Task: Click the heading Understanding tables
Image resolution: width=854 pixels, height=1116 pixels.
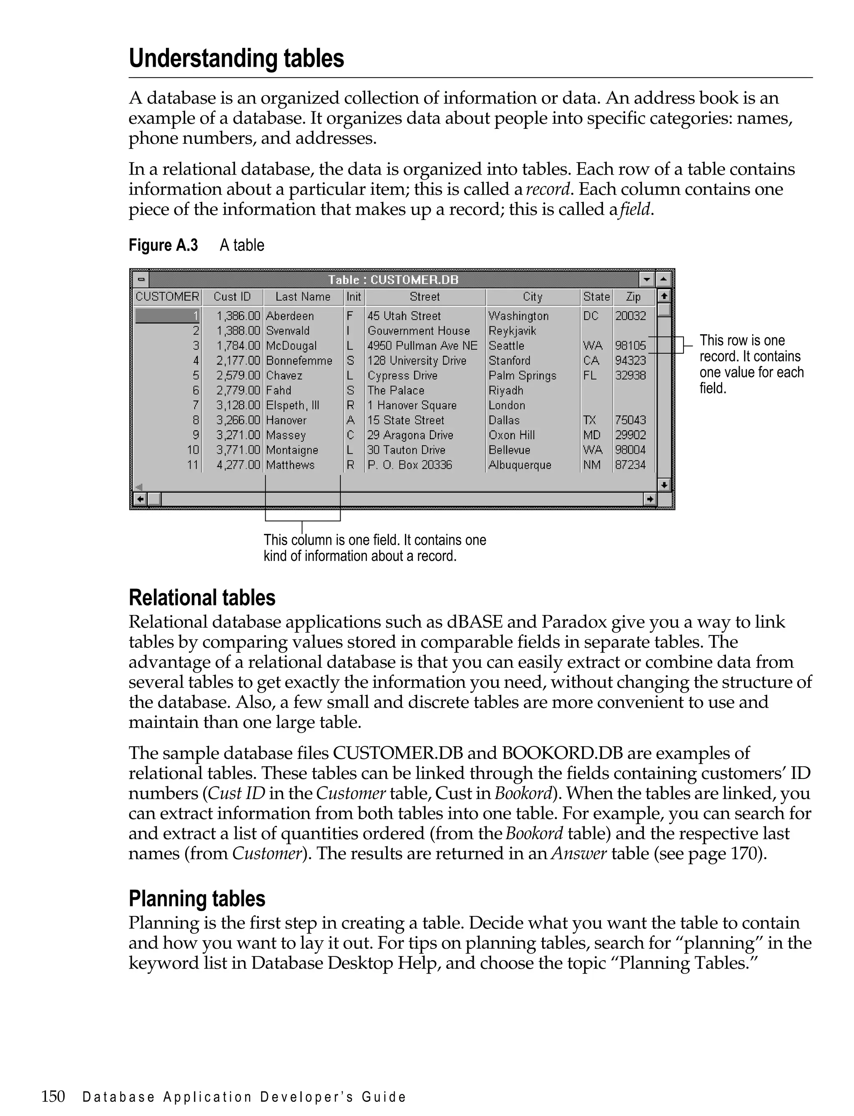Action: [236, 58]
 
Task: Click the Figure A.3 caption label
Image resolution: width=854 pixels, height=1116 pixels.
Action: [163, 245]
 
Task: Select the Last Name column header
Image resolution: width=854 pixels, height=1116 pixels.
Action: [303, 297]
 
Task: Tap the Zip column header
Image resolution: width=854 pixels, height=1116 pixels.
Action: [633, 297]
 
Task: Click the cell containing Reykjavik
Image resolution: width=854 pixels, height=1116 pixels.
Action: [512, 331]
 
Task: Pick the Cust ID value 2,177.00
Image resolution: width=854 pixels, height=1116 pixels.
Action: [238, 360]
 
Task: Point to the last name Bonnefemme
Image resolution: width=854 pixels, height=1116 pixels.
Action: [299, 360]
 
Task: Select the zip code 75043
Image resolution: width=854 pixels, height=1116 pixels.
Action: [630, 420]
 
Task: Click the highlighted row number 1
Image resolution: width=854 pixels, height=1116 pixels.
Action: [168, 316]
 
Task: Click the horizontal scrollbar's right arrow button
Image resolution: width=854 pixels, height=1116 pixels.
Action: [649, 499]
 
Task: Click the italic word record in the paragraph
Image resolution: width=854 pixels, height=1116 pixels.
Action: [548, 190]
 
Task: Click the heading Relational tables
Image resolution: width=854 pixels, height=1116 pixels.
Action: [202, 598]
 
